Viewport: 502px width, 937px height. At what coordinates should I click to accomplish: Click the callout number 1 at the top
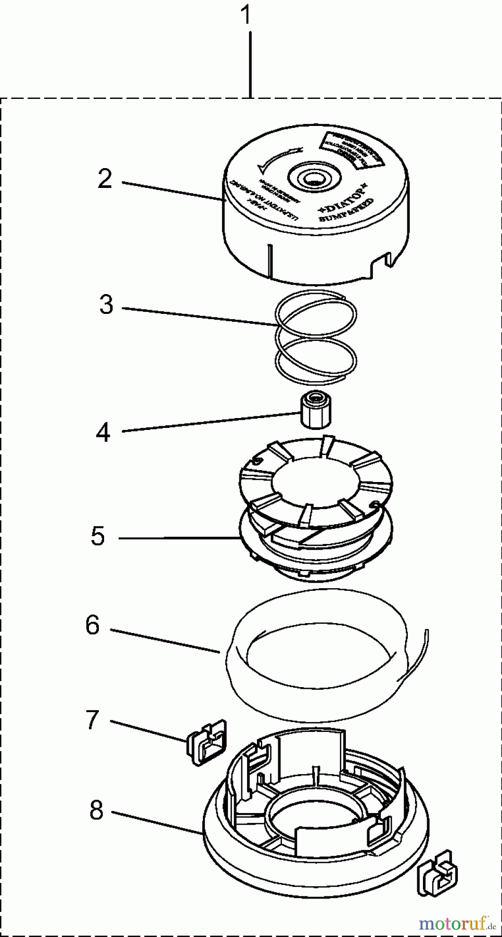[246, 16]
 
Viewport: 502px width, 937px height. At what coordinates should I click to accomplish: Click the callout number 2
[105, 179]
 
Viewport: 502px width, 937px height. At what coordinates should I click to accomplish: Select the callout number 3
[106, 305]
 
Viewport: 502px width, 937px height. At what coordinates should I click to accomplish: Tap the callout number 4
[103, 432]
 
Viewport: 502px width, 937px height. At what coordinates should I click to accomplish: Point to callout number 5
[98, 536]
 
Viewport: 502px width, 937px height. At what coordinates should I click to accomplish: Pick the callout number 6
[92, 625]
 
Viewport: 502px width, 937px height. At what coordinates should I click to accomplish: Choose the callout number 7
[92, 720]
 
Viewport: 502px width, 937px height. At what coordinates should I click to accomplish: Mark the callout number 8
[96, 811]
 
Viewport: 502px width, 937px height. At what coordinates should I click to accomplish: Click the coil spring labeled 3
[316, 333]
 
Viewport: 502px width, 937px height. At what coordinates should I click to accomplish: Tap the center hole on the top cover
[313, 180]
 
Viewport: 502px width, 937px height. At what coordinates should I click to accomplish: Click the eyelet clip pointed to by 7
[207, 743]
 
